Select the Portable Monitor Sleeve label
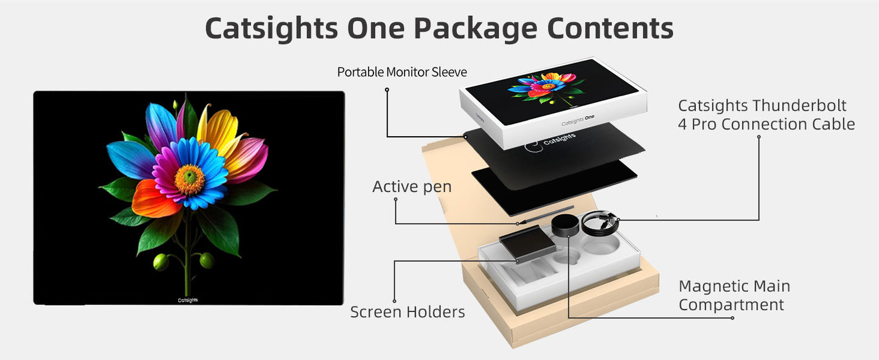pos(402,72)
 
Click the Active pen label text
pos(412,187)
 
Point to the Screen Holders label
pos(408,313)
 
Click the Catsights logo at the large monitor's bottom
pos(187,300)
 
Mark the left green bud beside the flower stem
pos(161,262)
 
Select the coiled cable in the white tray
pos(600,223)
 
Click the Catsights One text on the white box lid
pos(577,122)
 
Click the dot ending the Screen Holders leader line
pos(394,301)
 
